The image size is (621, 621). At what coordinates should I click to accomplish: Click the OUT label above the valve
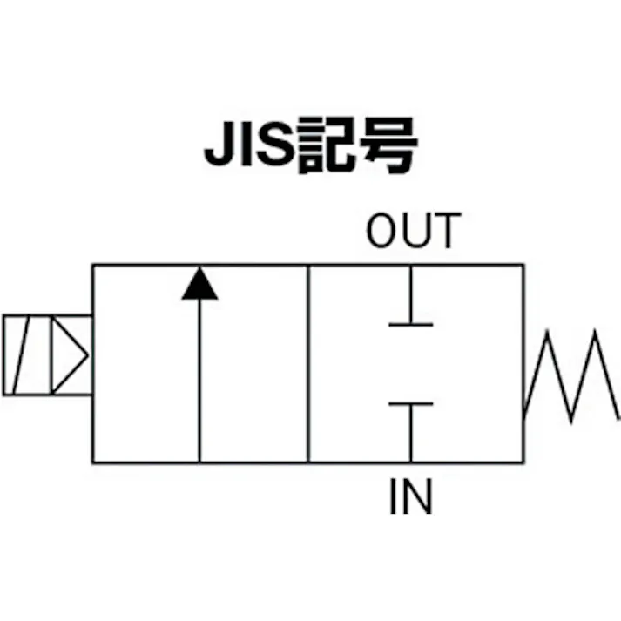tap(411, 231)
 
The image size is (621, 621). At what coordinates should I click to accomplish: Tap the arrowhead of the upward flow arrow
tap(199, 285)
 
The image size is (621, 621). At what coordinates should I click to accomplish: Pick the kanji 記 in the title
tap(326, 149)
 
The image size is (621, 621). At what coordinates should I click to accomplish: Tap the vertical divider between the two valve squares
tap(309, 363)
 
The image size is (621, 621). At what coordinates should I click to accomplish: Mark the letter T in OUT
tap(442, 231)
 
